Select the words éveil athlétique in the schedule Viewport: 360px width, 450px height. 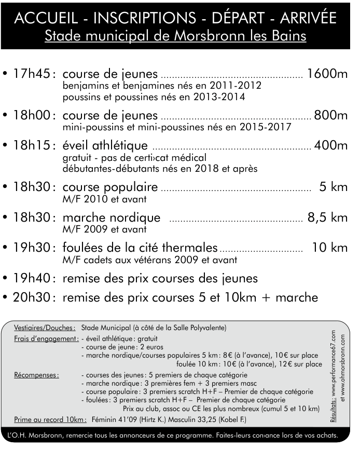click(105, 146)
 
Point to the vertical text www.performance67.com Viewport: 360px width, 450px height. click(333, 363)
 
